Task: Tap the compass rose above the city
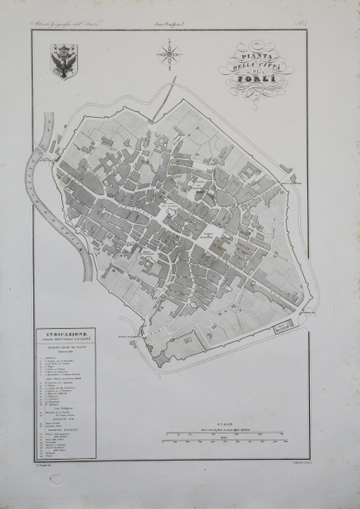169,58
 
